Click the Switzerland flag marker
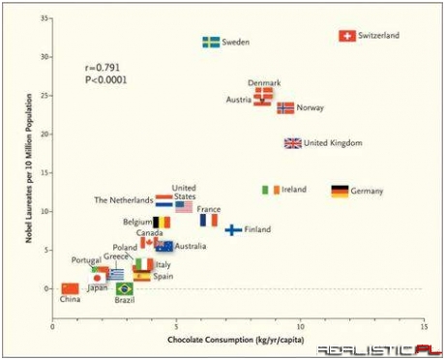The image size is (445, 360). [x=346, y=36]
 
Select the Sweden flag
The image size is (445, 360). [x=211, y=43]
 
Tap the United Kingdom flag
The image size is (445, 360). [x=292, y=143]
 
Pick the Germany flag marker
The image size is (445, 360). [x=340, y=192]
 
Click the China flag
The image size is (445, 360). [x=70, y=288]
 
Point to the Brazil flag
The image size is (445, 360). [x=124, y=288]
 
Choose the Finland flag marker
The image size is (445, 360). [x=233, y=229]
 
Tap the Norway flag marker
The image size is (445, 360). [x=285, y=108]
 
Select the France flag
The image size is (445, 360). [x=209, y=221]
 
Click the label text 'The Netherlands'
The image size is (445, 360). [x=124, y=200]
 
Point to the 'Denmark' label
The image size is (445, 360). [x=264, y=83]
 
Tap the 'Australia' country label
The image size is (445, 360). [x=191, y=247]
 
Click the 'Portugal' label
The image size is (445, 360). [x=86, y=260]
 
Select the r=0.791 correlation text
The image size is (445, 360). [x=104, y=69]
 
